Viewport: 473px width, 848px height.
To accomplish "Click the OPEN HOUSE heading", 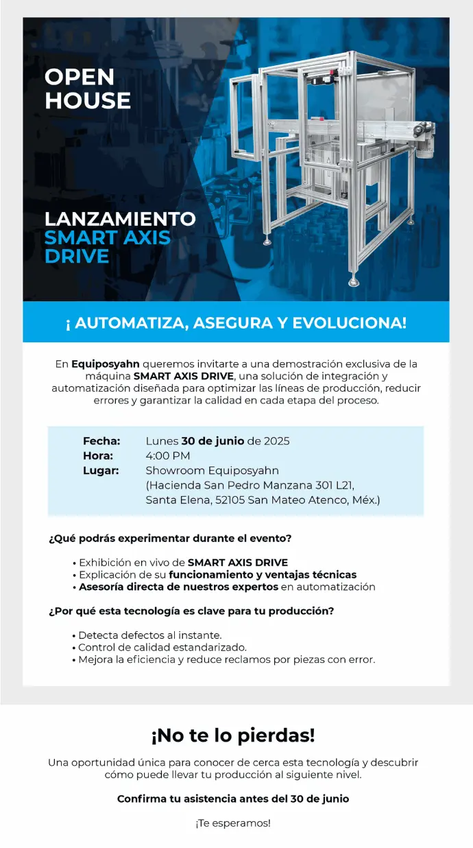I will pos(87,89).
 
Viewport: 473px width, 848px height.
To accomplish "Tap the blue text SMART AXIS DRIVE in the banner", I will pos(108,247).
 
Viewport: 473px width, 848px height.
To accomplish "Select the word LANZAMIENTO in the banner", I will pos(120,219).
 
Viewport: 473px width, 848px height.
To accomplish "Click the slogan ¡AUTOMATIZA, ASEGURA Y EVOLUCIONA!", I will pos(236,322).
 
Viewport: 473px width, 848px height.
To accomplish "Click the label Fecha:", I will pos(101,440).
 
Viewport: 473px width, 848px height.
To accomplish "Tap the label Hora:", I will pos(98,456).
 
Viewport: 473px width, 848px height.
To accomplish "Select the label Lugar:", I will pos(101,471).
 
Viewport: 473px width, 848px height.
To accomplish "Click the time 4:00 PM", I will pos(168,456).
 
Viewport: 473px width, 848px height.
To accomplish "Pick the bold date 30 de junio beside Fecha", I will pos(213,440).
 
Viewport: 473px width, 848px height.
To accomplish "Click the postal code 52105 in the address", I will pos(228,500).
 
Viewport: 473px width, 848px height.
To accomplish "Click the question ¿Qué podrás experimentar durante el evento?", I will pos(170,539).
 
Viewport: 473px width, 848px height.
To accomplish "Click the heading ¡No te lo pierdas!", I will pos(233,735).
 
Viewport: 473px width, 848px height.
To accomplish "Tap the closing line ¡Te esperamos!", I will pos(233,823).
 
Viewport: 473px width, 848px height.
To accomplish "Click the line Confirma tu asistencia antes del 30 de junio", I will pos(233,799).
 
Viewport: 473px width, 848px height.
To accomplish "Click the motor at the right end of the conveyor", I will pos(428,146).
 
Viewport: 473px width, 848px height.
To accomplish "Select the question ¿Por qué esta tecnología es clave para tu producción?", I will pos(191,611).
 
